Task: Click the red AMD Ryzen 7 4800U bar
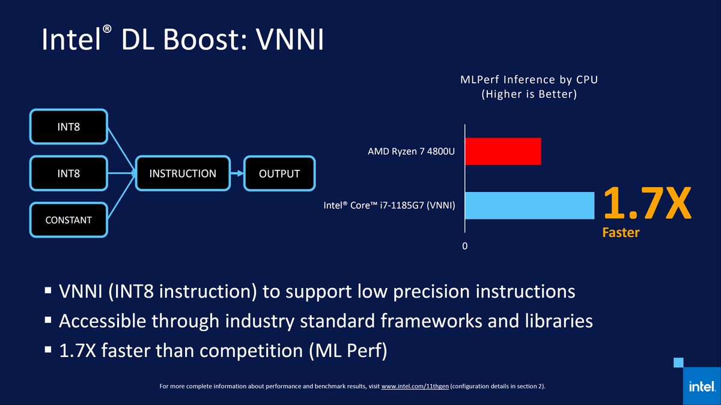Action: tap(503, 151)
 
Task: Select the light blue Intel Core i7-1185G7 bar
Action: tap(530, 206)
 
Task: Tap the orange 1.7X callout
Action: tap(647, 203)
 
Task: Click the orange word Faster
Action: tap(621, 232)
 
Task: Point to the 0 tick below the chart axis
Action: tap(465, 246)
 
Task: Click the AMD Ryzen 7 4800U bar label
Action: tap(411, 151)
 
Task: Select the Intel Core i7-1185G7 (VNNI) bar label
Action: tap(389, 205)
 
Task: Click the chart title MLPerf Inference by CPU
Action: tap(529, 79)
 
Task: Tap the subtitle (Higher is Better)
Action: tap(529, 94)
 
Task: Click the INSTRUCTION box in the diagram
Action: tap(183, 173)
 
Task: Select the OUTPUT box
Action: tap(279, 173)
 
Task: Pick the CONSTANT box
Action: tap(68, 220)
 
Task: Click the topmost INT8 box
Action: tap(68, 127)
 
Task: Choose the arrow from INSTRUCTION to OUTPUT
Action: tap(237, 173)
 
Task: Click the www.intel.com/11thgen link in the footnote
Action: tap(415, 386)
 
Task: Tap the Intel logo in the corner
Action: tap(702, 386)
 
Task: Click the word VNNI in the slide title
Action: tap(290, 40)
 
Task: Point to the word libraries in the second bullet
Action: tap(559, 321)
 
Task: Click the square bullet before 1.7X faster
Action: tap(48, 349)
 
